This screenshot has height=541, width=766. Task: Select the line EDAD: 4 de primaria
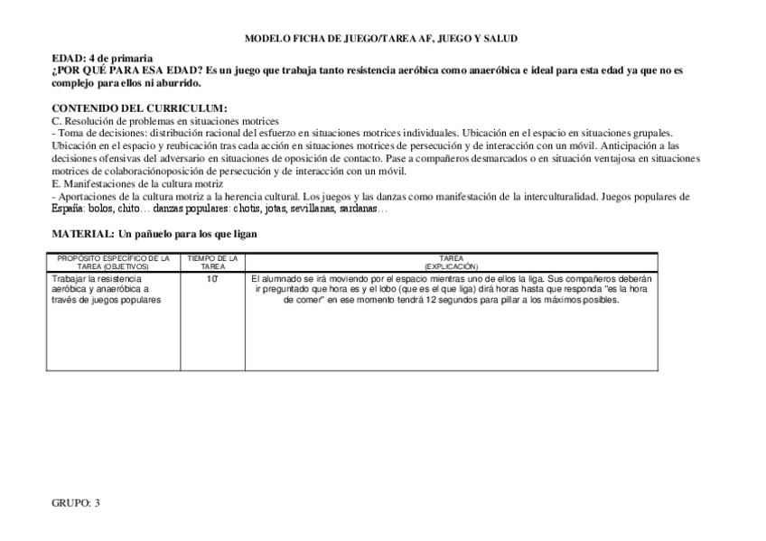point(101,57)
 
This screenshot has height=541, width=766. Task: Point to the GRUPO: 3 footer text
point(75,502)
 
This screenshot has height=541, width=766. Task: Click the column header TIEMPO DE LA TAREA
point(212,262)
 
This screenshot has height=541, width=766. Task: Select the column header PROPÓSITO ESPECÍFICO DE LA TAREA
point(113,262)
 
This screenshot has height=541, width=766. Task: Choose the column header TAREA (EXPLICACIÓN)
point(452,262)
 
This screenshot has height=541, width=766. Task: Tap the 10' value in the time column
point(211,279)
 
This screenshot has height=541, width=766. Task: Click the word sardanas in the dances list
point(361,209)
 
